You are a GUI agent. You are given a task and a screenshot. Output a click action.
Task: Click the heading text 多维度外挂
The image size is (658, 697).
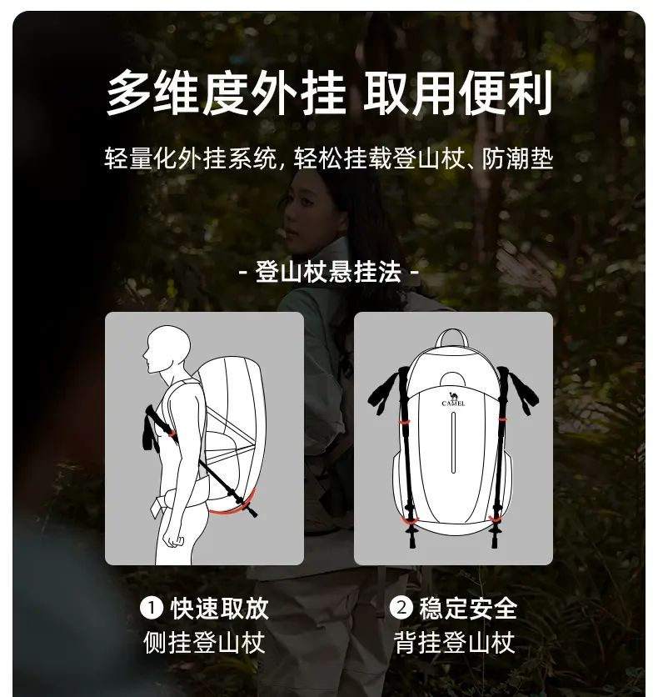tap(226, 93)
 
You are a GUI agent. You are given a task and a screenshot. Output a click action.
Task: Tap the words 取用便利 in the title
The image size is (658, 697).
tap(458, 93)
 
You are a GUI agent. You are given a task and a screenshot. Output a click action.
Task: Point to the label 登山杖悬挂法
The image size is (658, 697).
tap(328, 272)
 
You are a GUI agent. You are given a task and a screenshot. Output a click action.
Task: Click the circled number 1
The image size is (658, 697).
tap(152, 608)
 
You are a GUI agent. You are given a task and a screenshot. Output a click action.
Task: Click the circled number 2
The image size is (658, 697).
tap(401, 607)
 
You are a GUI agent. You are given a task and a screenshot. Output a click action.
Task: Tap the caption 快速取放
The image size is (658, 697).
tap(220, 608)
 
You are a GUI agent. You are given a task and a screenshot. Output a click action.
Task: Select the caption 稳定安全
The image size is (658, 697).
tap(468, 608)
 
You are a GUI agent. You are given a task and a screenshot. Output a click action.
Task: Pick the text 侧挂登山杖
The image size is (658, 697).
tap(204, 642)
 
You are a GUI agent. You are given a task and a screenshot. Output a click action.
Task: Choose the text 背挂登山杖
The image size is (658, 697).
tap(454, 642)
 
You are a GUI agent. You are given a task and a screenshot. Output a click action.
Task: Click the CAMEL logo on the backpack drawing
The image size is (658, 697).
tap(453, 399)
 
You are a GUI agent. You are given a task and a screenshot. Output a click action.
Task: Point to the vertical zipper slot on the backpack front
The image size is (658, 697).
tap(453, 442)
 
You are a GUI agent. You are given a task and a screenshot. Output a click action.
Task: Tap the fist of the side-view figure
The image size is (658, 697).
tap(173, 539)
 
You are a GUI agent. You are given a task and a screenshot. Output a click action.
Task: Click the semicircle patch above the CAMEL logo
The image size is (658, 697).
tap(452, 380)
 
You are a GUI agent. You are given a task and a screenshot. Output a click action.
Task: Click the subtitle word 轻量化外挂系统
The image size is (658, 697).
tap(191, 158)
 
